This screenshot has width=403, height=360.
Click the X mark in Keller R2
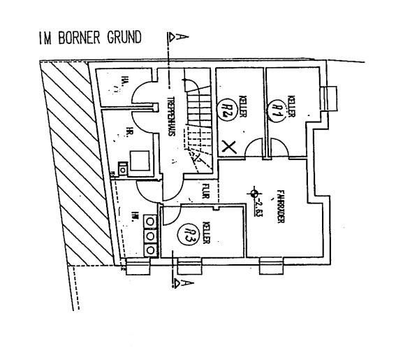coord(228,147)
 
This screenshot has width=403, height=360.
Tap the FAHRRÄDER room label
coord(279,206)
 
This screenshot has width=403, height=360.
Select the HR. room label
coord(130,131)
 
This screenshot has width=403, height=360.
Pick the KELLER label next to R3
coord(207,233)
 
